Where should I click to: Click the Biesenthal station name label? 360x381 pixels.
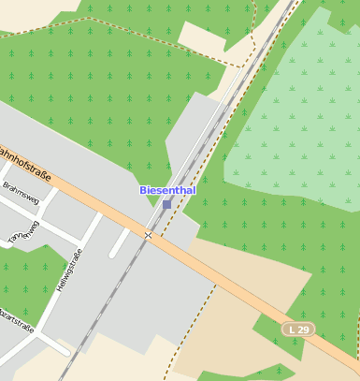pyautogui.click(x=167, y=190)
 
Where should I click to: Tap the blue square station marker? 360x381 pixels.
pyautogui.click(x=167, y=204)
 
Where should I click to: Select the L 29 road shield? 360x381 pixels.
pyautogui.click(x=298, y=330)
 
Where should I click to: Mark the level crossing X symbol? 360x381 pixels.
pyautogui.click(x=148, y=234)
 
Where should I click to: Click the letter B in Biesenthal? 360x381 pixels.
pyautogui.click(x=143, y=190)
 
